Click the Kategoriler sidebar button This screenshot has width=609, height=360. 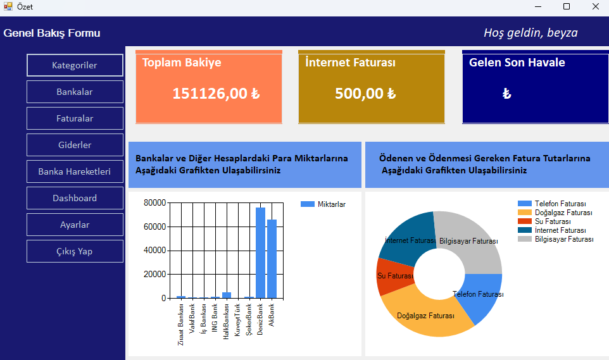[x=75, y=65]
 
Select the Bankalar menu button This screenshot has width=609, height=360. [x=75, y=92]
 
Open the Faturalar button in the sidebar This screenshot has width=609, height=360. [x=75, y=118]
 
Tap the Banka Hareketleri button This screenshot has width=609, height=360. [x=75, y=171]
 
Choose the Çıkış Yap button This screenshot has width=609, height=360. [x=75, y=251]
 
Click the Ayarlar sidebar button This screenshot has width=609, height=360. [x=75, y=225]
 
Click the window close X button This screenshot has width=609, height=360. [x=595, y=7]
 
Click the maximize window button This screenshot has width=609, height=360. [x=567, y=7]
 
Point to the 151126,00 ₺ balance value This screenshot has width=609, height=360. [x=216, y=94]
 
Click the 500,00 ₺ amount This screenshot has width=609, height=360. [x=365, y=94]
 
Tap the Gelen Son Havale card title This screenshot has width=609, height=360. [x=517, y=63]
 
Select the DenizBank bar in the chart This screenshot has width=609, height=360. [x=260, y=253]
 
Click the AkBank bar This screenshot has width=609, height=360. [x=272, y=259]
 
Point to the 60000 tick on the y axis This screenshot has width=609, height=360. [x=154, y=227]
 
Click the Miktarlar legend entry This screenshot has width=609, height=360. [x=323, y=204]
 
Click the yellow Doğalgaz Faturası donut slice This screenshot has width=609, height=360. [x=430, y=320]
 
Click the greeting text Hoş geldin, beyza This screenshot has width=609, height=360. [x=531, y=33]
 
